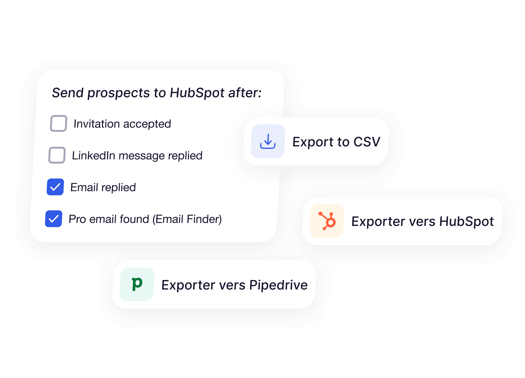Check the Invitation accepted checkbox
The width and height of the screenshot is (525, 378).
click(59, 124)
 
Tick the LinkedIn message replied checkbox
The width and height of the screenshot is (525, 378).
click(57, 155)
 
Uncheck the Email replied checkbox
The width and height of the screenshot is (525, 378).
click(55, 187)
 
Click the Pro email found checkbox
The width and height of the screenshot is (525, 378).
click(54, 219)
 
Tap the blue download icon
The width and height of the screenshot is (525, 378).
click(268, 141)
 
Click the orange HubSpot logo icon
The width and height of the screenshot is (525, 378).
click(327, 221)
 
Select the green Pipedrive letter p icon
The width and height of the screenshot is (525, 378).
click(137, 284)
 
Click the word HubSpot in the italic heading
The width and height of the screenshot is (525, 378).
click(197, 93)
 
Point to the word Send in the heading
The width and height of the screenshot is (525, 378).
click(68, 93)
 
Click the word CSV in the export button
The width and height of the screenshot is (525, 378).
click(367, 142)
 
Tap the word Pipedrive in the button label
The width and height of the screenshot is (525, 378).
click(278, 285)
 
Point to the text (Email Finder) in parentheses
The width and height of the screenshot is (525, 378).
click(187, 219)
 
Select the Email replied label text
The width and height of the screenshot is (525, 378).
click(103, 187)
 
